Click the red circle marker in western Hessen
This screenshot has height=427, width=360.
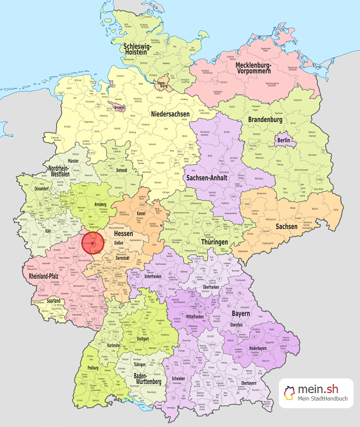pyautogui.click(x=94, y=244)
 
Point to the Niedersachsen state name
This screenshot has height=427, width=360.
pyautogui.click(x=170, y=113)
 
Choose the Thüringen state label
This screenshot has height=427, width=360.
pyautogui.click(x=212, y=242)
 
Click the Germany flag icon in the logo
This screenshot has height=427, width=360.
pyautogui.click(x=290, y=392)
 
